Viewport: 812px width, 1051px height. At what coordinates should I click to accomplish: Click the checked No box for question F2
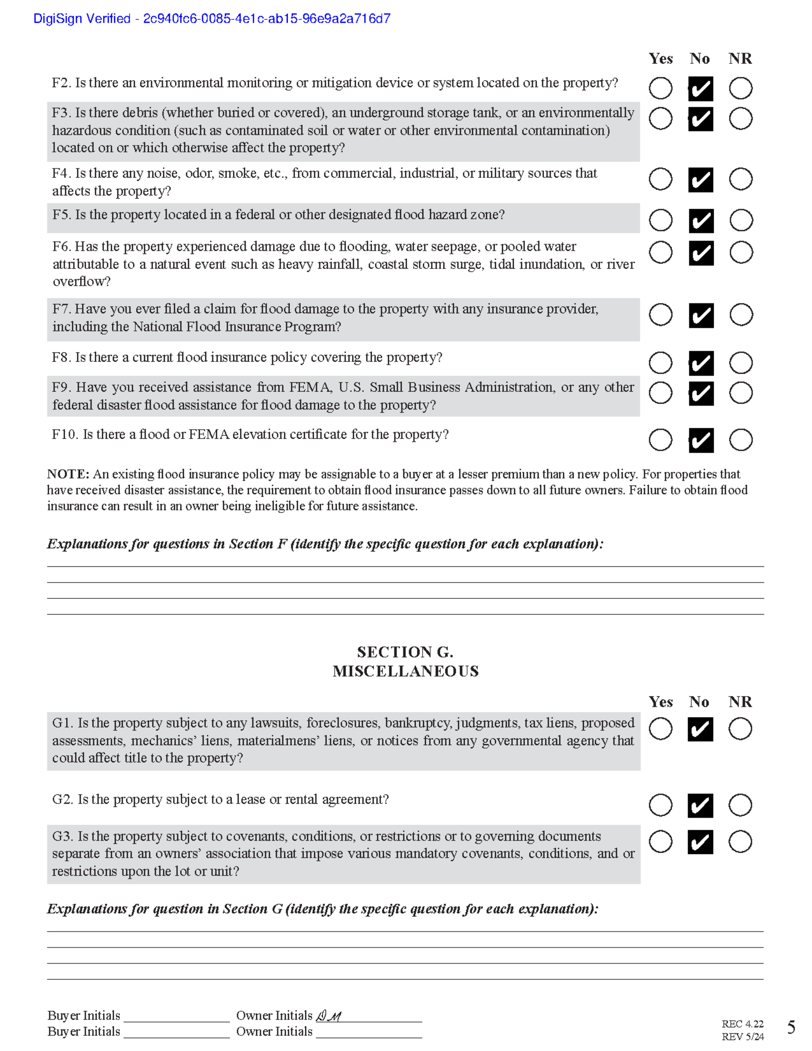[x=700, y=89]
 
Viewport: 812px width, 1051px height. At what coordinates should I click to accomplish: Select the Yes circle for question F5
[x=660, y=220]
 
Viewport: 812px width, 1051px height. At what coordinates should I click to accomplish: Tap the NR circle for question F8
[x=740, y=362]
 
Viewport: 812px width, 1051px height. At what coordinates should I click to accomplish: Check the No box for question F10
[x=701, y=440]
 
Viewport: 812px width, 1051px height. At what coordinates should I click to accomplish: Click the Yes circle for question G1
[x=660, y=729]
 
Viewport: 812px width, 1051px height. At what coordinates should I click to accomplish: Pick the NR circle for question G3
[x=740, y=841]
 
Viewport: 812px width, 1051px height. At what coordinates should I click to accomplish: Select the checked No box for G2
[x=700, y=805]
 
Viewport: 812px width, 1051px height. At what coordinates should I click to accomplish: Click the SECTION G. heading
[x=405, y=652]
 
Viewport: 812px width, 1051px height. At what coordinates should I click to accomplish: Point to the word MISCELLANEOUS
[x=405, y=671]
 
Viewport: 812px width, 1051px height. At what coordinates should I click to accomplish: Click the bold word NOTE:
[x=68, y=474]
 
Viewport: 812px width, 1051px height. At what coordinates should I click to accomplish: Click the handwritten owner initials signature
[x=329, y=1016]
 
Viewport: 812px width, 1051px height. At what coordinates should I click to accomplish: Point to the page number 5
[x=791, y=1027]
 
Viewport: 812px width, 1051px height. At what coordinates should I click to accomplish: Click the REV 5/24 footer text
[x=742, y=1037]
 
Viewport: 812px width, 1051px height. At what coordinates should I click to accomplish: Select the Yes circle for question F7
[x=660, y=315]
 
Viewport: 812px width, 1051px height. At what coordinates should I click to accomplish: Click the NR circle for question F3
[x=740, y=119]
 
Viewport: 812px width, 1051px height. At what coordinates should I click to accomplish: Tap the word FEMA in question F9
[x=311, y=387]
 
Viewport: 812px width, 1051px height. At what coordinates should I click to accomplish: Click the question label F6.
[x=62, y=247]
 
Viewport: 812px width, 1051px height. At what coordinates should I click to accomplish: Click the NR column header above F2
[x=740, y=59]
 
